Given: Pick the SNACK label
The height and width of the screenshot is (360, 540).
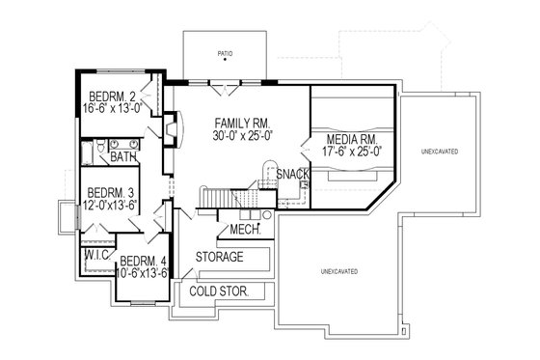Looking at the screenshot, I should click(x=291, y=174).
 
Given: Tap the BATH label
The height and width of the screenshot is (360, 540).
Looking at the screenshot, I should click(x=122, y=155).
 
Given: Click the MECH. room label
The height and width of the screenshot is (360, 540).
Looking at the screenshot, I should click(x=244, y=231).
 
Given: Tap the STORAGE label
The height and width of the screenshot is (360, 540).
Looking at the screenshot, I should click(x=219, y=258).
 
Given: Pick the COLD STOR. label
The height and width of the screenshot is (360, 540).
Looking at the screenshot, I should click(x=218, y=291).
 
